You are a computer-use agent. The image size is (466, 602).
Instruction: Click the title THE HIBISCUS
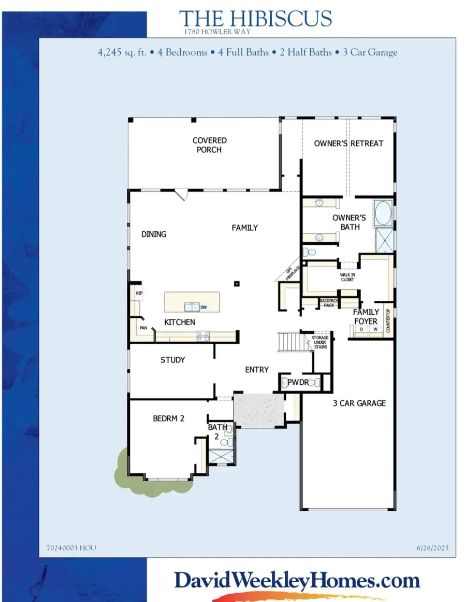255,19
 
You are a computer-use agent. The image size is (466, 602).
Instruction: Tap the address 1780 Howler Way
217,32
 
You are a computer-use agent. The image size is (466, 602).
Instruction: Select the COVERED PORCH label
209,145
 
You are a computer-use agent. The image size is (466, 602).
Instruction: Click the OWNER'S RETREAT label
348,144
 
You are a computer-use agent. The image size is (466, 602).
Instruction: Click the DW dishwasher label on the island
203,307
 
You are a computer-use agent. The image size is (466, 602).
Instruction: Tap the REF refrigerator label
139,293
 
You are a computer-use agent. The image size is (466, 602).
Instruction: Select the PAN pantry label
143,328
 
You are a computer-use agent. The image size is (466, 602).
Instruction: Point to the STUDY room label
173,360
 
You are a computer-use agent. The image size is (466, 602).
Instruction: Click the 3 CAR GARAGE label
359,403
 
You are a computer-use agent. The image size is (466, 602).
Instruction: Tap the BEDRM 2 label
169,418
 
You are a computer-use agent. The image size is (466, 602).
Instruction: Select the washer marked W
375,329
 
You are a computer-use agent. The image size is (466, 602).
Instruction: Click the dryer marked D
361,329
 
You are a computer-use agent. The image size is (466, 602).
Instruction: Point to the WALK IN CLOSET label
347,277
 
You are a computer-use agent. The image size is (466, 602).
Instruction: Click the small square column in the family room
237,284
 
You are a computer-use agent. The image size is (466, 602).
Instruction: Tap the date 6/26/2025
432,548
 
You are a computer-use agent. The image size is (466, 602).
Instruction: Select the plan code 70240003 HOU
71,548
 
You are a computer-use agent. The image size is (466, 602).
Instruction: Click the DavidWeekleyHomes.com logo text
297,581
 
